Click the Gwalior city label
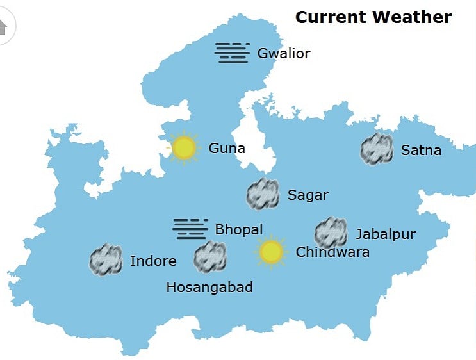click(283, 53)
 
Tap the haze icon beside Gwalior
click(232, 53)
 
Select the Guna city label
click(227, 149)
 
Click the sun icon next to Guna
click(184, 148)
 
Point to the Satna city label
click(421, 151)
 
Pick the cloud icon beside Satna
click(377, 149)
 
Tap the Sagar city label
click(308, 195)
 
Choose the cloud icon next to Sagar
click(263, 194)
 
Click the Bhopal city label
click(239, 229)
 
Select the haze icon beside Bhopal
click(190, 229)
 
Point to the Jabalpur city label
click(385, 234)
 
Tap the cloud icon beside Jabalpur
click(331, 233)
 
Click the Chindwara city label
click(332, 252)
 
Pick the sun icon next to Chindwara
click(271, 252)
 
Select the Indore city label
click(153, 261)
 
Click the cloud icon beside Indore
click(106, 260)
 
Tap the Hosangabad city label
click(209, 287)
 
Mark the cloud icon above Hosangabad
click(211, 257)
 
